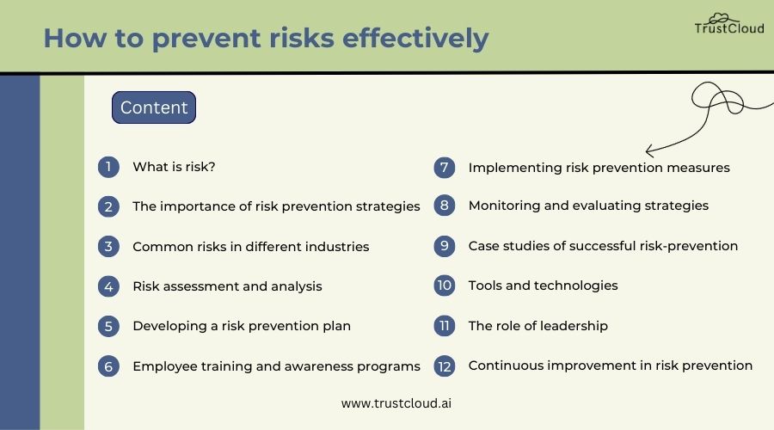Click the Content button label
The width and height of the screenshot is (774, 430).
point(154,107)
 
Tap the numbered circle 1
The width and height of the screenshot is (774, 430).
point(108,167)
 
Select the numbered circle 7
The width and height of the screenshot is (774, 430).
point(445,168)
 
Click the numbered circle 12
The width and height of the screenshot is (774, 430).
point(445,365)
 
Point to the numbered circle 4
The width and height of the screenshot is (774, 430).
point(108,286)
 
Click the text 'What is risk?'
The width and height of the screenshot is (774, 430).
point(174,167)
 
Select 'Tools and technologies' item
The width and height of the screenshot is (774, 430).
point(543,286)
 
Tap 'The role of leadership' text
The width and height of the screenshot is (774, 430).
point(537,326)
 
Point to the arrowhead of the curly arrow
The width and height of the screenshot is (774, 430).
point(648,149)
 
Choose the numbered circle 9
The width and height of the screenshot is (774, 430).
point(445,246)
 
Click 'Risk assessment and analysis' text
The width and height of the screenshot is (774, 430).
point(227,286)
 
